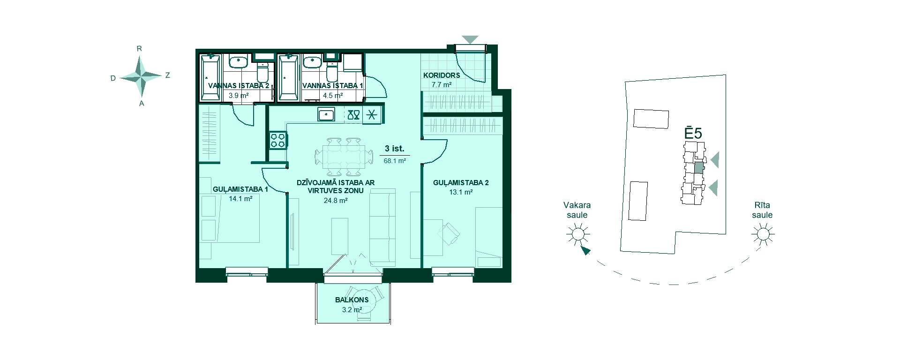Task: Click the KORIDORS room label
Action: coord(442,75)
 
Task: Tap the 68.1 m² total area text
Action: coord(395,161)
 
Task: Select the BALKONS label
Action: coord(352,300)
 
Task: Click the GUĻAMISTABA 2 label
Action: coord(461,183)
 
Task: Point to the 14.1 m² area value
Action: coord(240,199)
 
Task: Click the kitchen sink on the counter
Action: coord(326,114)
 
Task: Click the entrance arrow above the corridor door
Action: coord(470,40)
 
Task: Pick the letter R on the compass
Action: coord(139,49)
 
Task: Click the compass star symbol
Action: coord(141,75)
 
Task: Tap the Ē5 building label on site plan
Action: coord(693,132)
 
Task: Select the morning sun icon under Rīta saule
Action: coord(763,234)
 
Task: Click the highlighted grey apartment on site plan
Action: coord(699,167)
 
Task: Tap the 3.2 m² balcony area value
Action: coord(352,310)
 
